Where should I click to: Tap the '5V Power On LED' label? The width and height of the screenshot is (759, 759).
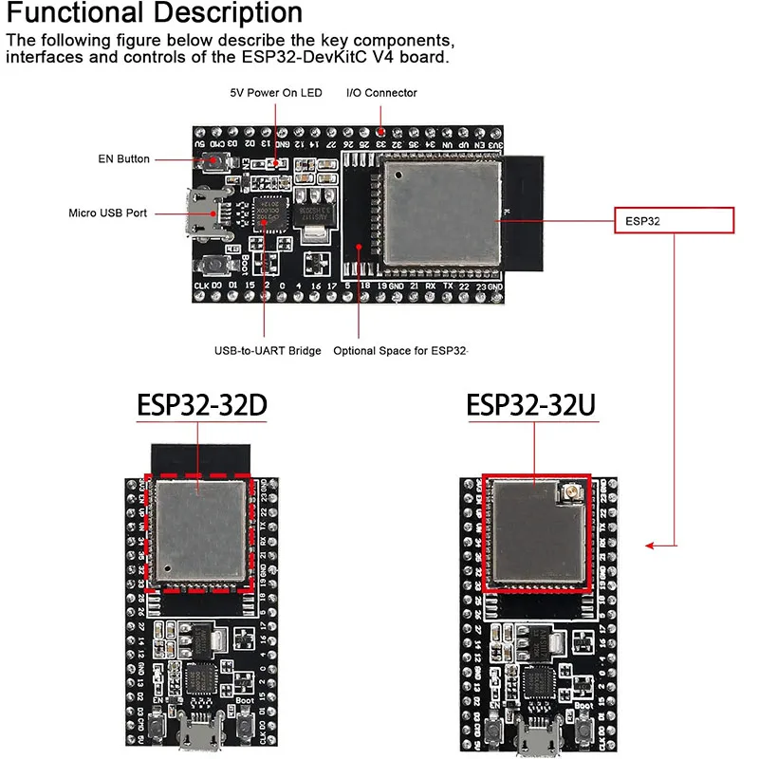(x=276, y=93)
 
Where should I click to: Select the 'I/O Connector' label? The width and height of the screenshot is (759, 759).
(x=381, y=93)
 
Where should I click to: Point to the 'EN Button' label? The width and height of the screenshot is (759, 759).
(x=124, y=158)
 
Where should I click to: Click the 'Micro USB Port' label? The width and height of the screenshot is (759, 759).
(x=108, y=213)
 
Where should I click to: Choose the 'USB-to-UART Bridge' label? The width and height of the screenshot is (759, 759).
(x=268, y=351)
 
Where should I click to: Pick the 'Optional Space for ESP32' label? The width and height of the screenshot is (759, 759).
(x=400, y=351)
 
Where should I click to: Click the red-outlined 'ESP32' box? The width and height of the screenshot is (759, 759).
(x=675, y=220)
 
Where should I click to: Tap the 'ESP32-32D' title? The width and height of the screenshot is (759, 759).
(x=202, y=406)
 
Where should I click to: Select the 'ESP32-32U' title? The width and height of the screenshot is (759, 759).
(x=531, y=406)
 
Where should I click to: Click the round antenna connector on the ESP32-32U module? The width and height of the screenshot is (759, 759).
(x=574, y=492)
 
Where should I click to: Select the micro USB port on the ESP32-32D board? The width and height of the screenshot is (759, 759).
(x=201, y=734)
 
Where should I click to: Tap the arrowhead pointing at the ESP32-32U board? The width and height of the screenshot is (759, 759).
(x=649, y=546)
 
